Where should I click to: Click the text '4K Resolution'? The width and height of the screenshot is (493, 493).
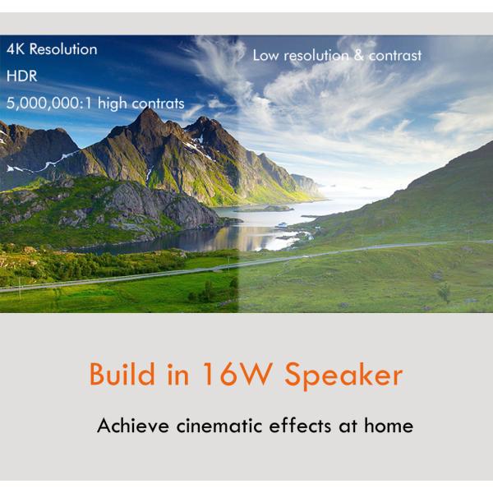[52, 49]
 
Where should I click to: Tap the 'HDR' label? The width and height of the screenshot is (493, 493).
[21, 76]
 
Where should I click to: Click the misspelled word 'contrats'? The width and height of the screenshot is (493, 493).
[158, 104]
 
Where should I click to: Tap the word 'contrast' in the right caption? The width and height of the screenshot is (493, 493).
[394, 56]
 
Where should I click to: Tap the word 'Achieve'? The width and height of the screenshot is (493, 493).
[132, 426]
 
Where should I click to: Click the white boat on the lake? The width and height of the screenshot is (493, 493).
[283, 224]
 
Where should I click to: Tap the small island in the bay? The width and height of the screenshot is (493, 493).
[263, 208]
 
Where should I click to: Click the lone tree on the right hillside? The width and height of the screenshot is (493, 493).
[445, 291]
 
